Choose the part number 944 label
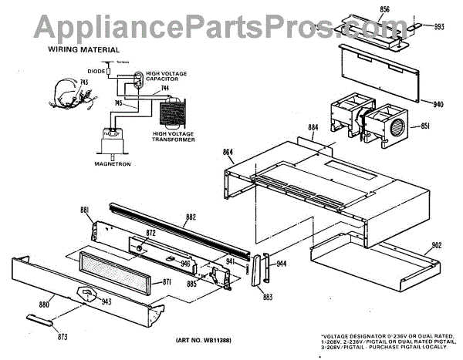(282, 264)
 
